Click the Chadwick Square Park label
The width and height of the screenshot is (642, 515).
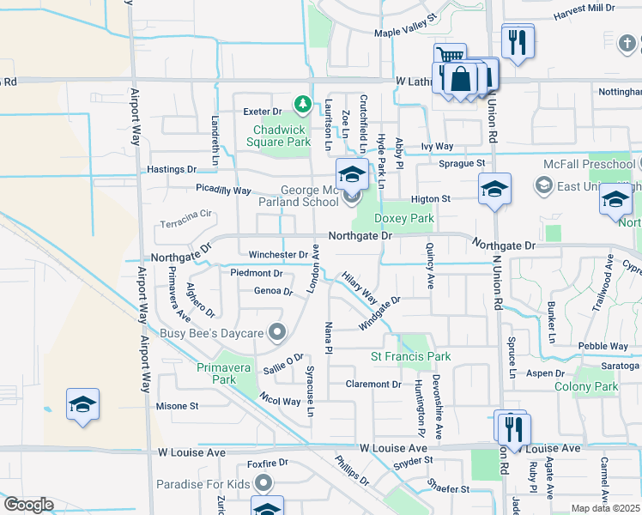(x=281, y=136)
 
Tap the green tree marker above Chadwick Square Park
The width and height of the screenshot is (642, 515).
(x=302, y=105)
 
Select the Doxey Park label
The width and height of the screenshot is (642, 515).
(x=404, y=219)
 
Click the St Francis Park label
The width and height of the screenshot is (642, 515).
(x=410, y=356)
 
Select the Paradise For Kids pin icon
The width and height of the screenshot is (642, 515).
(x=263, y=484)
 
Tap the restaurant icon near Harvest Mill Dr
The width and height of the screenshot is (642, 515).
(x=518, y=42)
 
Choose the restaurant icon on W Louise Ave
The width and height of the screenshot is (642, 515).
(x=514, y=428)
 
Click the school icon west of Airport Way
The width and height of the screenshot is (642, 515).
(x=82, y=405)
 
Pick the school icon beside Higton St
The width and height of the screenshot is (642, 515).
(x=494, y=191)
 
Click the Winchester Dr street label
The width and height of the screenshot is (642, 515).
(x=278, y=255)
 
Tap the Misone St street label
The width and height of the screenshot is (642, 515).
(x=177, y=406)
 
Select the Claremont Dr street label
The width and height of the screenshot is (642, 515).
(x=373, y=384)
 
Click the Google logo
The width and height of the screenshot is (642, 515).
(x=28, y=505)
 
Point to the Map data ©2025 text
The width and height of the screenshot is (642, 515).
(x=605, y=508)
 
